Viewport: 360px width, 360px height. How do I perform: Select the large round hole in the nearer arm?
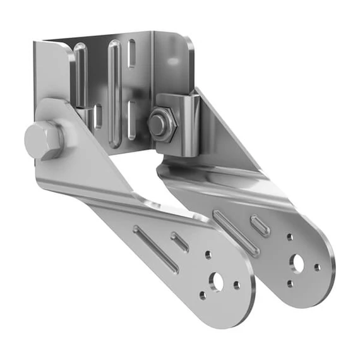[x=218, y=281]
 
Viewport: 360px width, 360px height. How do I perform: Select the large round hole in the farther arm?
[x=297, y=261]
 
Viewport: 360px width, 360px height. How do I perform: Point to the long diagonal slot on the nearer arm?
[x=155, y=248]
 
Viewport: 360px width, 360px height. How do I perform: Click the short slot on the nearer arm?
[x=181, y=242]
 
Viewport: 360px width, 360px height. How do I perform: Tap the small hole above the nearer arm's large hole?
[x=208, y=256]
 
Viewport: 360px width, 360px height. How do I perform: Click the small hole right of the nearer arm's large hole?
[x=237, y=285]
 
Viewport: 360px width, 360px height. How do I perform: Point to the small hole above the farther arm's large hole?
[x=289, y=237]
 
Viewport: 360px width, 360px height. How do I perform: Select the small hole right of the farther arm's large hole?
[x=317, y=267]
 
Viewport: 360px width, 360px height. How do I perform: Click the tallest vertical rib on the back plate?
[x=114, y=92]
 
